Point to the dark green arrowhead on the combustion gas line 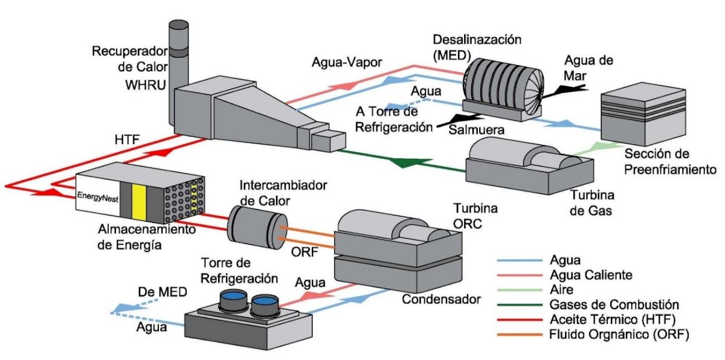pyautogui.click(x=399, y=162)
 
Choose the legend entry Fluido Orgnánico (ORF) pyautogui.click(x=620, y=333)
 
